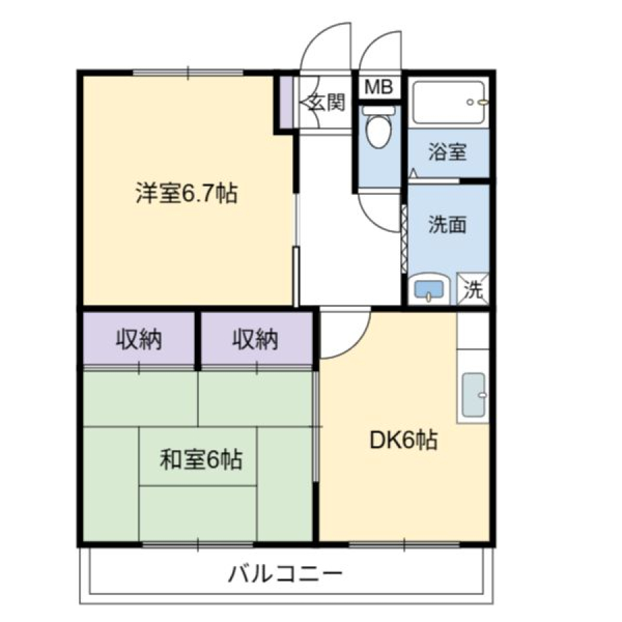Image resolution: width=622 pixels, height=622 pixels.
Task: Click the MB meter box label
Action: click(379, 87)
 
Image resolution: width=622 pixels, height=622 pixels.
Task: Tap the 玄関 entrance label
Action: click(328, 102)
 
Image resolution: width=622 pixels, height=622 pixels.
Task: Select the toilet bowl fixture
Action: click(379, 126)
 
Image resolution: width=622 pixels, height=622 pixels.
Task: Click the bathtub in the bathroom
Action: click(449, 102)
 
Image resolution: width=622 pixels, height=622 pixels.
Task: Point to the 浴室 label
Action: click(447, 151)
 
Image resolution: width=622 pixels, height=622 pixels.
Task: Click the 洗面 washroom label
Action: click(447, 225)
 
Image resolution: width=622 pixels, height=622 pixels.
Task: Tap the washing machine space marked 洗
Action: click(473, 289)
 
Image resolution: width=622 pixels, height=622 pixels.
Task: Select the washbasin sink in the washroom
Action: click(428, 289)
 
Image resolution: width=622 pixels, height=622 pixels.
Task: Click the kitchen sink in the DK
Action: click(473, 395)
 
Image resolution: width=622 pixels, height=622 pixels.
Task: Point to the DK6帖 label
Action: click(404, 440)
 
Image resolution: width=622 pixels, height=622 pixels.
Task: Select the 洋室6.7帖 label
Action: click(187, 194)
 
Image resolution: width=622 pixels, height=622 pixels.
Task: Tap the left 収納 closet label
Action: click(139, 339)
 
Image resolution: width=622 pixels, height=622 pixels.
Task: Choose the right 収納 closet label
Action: click(255, 339)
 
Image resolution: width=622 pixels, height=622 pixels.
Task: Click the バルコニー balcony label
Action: click(285, 574)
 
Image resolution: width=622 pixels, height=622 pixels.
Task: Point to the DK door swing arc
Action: click(356, 344)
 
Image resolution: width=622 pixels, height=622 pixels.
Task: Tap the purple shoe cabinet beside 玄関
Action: click(286, 102)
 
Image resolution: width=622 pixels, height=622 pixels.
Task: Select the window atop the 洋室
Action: click(187, 73)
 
